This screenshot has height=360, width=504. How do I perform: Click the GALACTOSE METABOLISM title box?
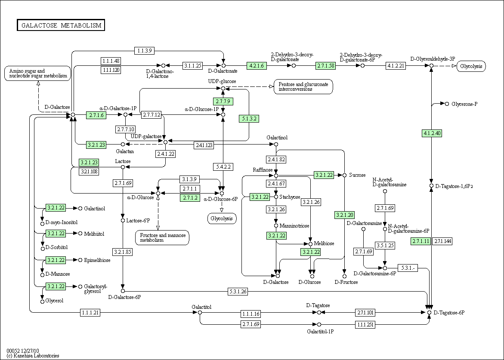(61, 25)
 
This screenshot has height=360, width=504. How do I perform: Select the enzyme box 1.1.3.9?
(144, 50)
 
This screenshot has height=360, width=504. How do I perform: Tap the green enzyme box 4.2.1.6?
(257, 66)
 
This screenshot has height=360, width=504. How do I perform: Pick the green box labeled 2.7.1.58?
(325, 66)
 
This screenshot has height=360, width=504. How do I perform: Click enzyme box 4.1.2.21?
(396, 66)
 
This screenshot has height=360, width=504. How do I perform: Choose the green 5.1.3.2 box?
(249, 118)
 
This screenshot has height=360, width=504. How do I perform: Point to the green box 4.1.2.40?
(432, 133)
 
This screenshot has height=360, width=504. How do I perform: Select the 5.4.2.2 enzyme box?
(223, 166)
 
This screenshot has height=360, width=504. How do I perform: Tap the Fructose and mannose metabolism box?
(162, 237)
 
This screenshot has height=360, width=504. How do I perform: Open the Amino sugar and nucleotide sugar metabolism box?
(37, 73)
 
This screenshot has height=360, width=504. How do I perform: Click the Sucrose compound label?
(357, 175)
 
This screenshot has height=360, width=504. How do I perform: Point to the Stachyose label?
(290, 197)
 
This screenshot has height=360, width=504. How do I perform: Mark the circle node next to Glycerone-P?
(447, 104)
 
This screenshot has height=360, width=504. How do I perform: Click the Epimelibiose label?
(97, 260)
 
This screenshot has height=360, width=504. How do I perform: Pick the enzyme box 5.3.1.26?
(238, 292)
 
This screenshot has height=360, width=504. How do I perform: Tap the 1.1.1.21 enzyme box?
(90, 313)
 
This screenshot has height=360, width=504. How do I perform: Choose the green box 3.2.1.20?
(344, 215)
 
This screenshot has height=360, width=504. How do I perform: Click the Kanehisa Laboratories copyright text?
(33, 356)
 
